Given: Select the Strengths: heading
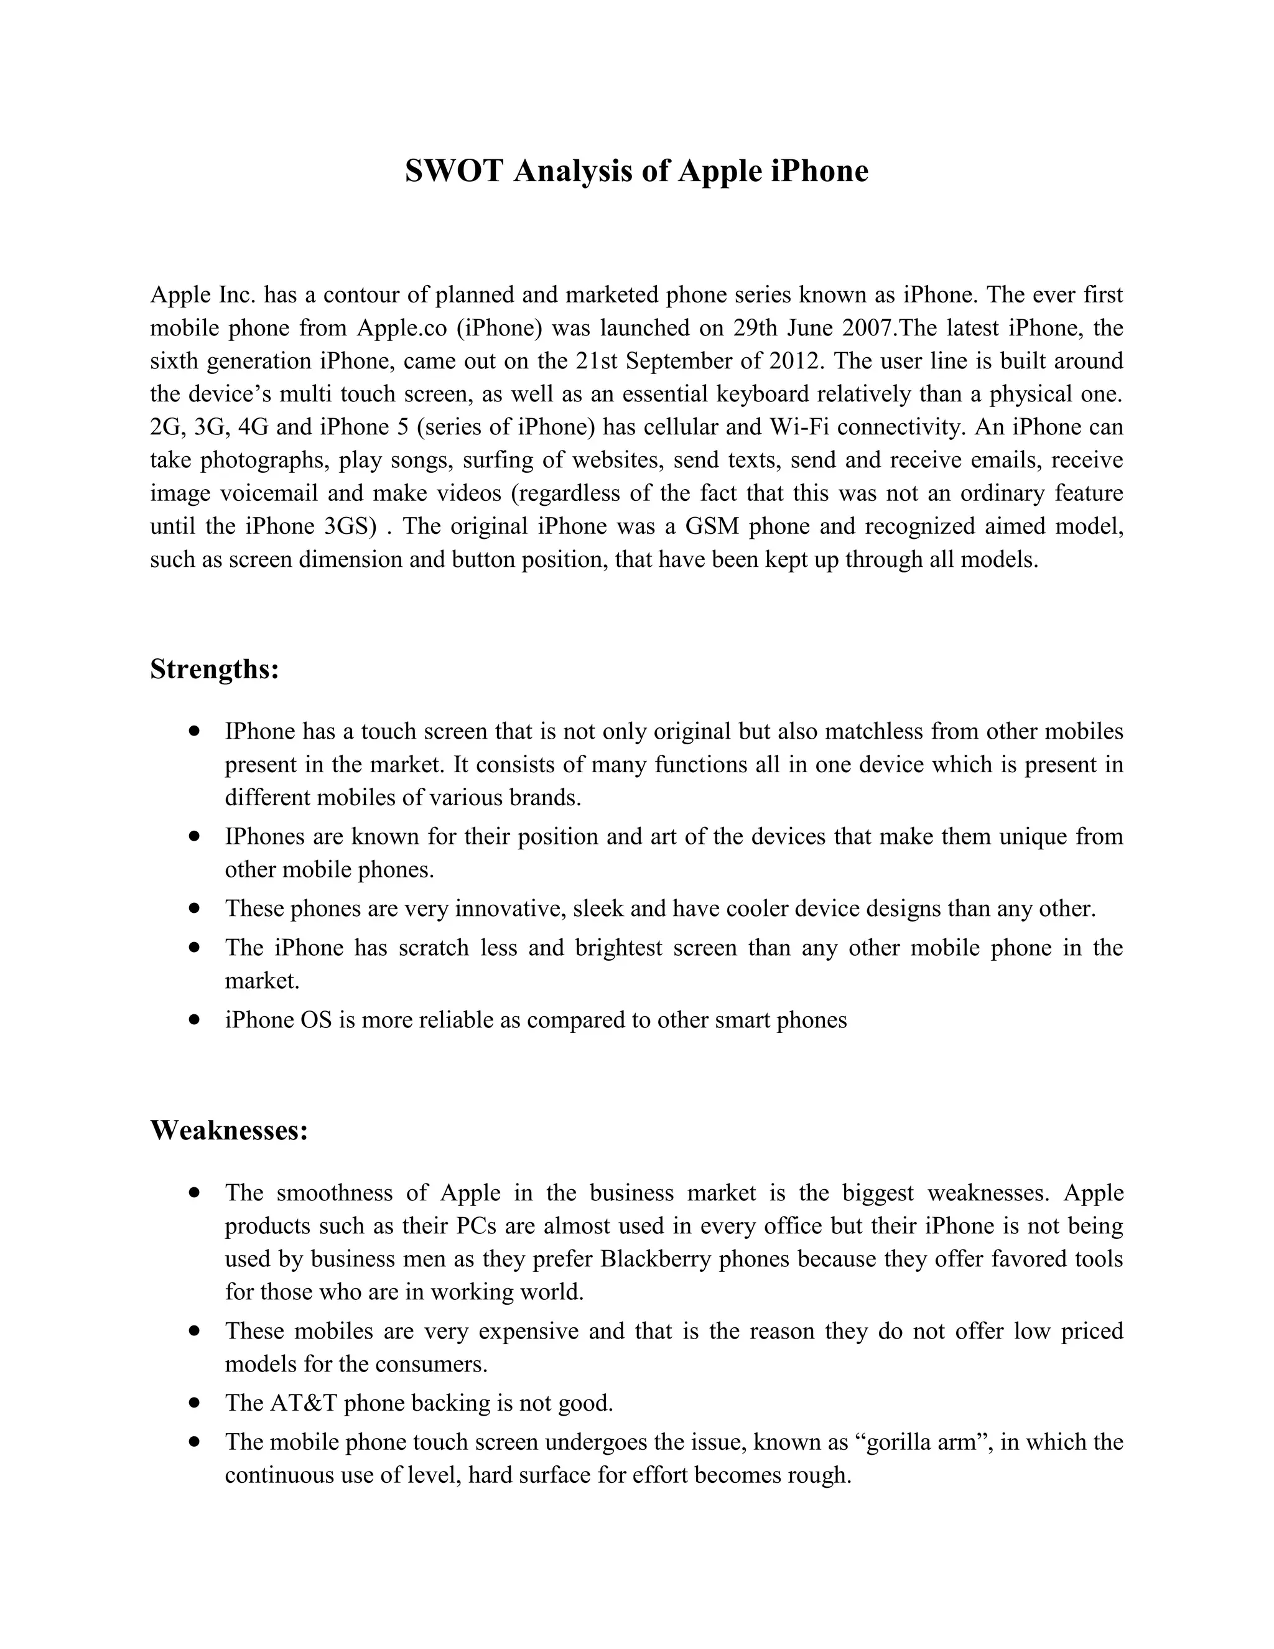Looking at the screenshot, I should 215,669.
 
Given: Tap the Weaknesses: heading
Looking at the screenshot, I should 229,1130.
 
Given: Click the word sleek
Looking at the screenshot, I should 598,909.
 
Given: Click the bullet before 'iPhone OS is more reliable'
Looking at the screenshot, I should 195,1019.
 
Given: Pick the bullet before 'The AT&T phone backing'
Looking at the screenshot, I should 195,1402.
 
